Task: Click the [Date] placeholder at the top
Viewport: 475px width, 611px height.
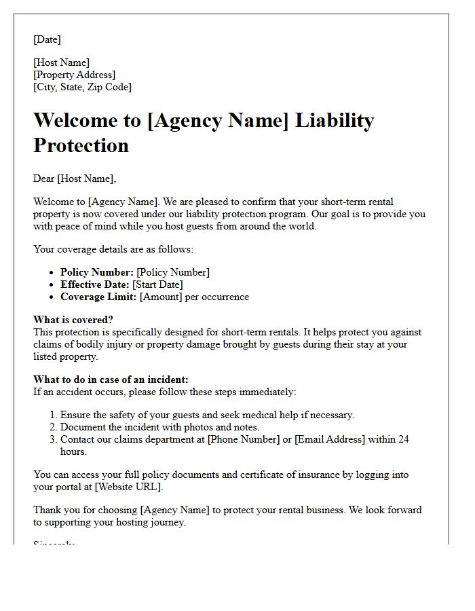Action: tap(47, 39)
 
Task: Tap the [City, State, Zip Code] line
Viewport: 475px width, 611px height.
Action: tap(82, 87)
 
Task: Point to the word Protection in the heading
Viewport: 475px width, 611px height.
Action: tap(81, 145)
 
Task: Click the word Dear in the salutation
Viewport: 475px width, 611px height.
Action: tap(44, 179)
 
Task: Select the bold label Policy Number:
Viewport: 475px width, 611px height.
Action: tap(96, 272)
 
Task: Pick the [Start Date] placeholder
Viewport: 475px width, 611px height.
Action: tap(157, 284)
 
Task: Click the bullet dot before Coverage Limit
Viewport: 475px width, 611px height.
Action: tap(53, 297)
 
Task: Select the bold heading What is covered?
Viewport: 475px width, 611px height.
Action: tap(73, 320)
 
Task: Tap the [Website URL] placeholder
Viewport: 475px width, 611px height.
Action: tap(128, 487)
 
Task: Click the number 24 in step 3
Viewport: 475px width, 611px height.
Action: tap(403, 439)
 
